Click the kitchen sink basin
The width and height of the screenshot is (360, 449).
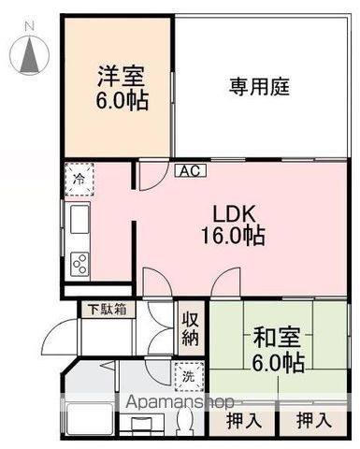pyautogui.click(x=78, y=220)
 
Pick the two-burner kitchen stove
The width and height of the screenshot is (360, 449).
pyautogui.click(x=78, y=264)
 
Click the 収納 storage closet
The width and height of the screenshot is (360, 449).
pyautogui.click(x=190, y=328)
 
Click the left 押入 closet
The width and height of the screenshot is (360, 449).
pyautogui.click(x=244, y=421)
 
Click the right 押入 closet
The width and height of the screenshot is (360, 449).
pyautogui.click(x=313, y=421)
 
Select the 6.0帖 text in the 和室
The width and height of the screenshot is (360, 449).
pyautogui.click(x=278, y=362)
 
